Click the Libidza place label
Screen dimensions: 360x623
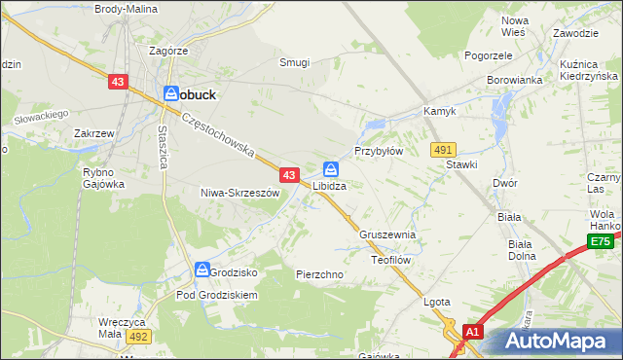click(x=330, y=185)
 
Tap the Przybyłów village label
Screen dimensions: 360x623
click(x=378, y=152)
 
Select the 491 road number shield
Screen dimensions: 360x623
click(x=444, y=149)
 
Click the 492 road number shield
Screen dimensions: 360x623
click(x=138, y=336)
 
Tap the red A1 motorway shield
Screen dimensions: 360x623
click(x=472, y=332)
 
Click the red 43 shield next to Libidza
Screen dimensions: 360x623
click(x=289, y=175)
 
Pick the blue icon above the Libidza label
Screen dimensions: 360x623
click(x=331, y=168)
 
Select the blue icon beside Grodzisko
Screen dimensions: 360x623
click(x=202, y=270)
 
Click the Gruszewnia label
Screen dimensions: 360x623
click(x=387, y=235)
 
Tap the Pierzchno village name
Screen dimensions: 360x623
click(x=319, y=275)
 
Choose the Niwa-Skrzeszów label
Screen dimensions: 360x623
click(x=239, y=193)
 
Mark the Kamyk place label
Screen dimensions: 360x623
click(x=439, y=112)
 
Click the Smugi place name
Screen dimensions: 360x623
click(x=294, y=62)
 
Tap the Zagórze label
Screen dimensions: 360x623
click(x=168, y=50)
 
